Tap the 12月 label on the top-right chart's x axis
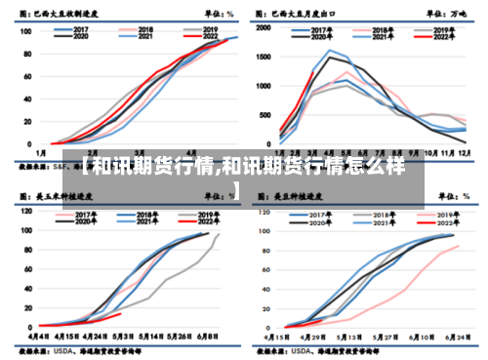pos(464,154)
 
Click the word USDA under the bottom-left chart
pos(68,347)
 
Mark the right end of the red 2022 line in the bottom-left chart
pos(121,313)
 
